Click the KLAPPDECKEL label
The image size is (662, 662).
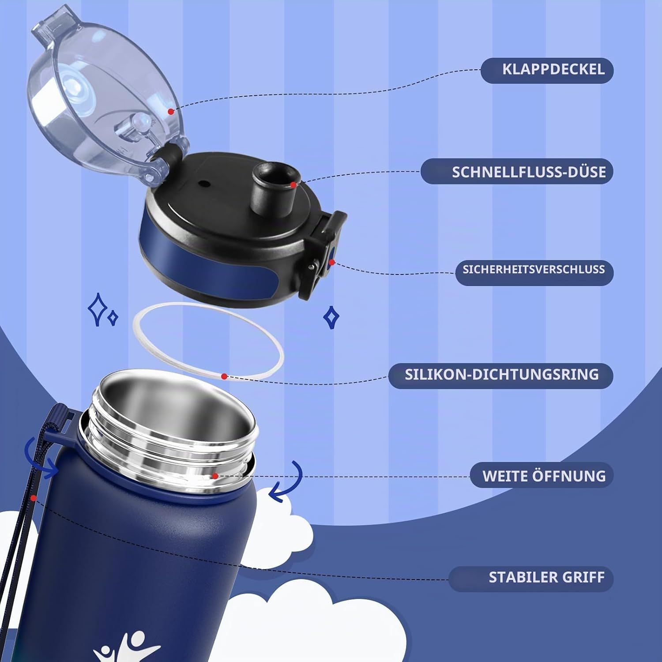(x=553, y=70)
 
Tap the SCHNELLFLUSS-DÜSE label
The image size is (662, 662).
(x=529, y=172)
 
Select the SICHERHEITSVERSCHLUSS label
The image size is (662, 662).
(x=534, y=269)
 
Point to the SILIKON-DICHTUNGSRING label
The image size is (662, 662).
(x=502, y=375)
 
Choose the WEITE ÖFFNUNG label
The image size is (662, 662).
(x=544, y=476)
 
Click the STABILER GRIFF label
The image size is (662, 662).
(x=546, y=577)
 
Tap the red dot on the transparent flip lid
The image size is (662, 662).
(x=171, y=112)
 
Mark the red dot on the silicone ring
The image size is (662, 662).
(x=224, y=376)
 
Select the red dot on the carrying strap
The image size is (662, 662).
(x=33, y=498)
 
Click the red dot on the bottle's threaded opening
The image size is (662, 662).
(x=215, y=476)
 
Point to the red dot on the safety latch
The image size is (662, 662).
(x=331, y=263)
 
